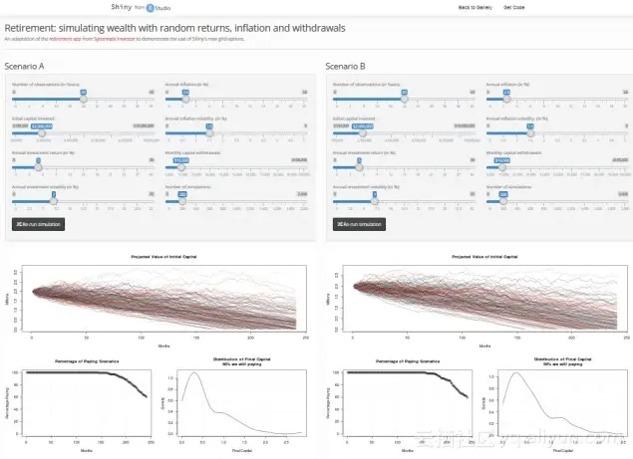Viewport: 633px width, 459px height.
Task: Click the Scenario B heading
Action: pos(351,65)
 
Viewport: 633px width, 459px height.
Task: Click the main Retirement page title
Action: pos(175,27)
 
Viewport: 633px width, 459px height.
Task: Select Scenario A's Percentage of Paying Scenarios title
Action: pos(83,358)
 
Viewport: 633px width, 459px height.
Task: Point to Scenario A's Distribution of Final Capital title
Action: pos(243,360)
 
